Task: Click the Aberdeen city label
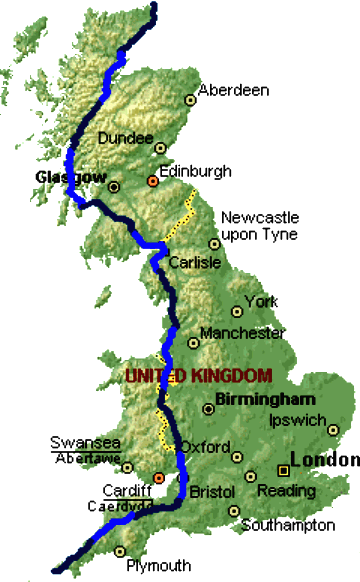point(235,90)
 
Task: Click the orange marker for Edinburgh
point(153,181)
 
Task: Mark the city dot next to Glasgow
point(113,185)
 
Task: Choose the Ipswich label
point(297,420)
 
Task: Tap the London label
point(323,461)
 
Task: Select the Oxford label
point(204,447)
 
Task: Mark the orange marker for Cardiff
point(158,477)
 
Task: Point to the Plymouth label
point(157,566)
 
